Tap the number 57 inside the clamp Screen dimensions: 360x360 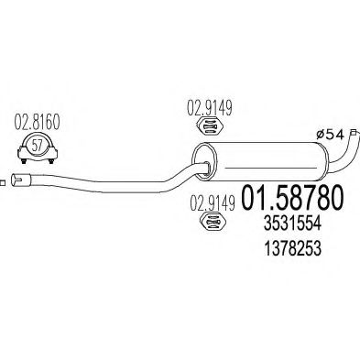[35, 145]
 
